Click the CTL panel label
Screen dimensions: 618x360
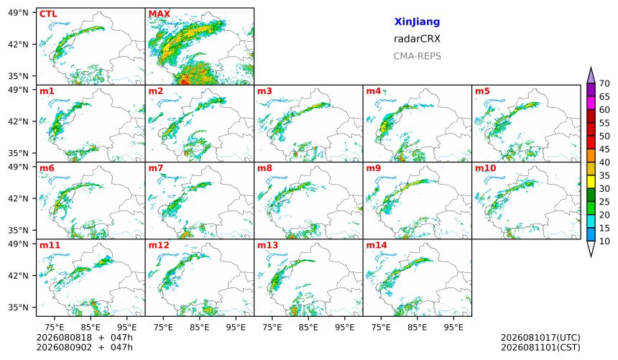48,14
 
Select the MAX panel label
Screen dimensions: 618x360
160,14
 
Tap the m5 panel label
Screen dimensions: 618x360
482,91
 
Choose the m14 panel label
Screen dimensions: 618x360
377,245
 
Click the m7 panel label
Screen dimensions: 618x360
156,168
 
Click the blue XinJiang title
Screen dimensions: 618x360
417,22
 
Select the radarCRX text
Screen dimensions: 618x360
417,39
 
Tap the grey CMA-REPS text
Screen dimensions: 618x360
417,56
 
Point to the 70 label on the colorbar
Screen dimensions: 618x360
604,83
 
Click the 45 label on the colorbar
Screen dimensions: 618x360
604,149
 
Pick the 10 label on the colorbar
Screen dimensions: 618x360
604,241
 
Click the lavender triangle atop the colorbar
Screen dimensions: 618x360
591,76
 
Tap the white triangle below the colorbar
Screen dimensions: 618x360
591,249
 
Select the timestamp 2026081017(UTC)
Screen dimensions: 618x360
540,338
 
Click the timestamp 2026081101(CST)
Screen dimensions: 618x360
540,348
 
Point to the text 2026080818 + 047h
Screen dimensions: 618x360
84,338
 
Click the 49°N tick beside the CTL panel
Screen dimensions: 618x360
18,13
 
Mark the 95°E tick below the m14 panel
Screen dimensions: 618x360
453,328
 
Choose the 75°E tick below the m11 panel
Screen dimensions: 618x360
55,328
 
